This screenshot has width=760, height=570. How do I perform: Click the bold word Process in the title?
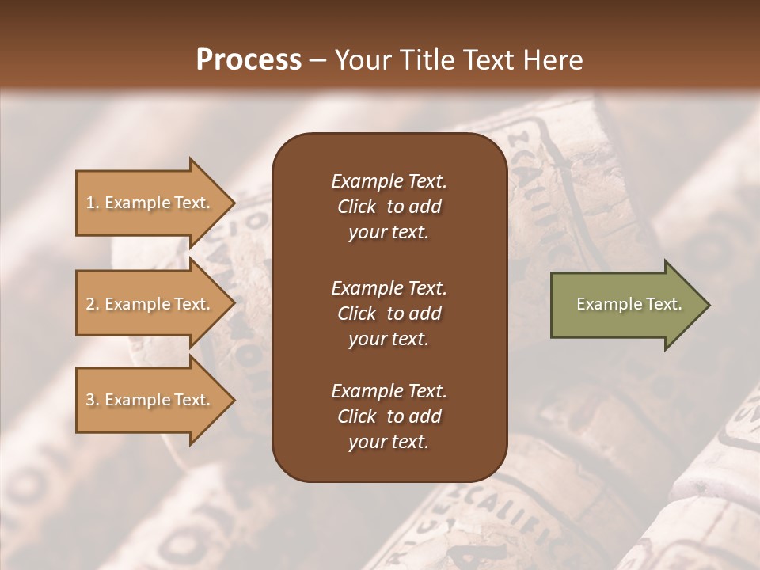pyautogui.click(x=249, y=60)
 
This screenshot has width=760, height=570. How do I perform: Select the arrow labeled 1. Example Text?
pyautogui.click(x=150, y=203)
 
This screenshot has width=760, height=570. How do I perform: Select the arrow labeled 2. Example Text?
pyautogui.click(x=150, y=304)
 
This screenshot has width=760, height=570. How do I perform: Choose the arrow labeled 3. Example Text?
pyautogui.click(x=150, y=400)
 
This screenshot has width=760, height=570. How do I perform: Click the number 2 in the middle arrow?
pyautogui.click(x=90, y=304)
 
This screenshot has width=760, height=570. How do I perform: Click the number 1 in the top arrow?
pyautogui.click(x=90, y=203)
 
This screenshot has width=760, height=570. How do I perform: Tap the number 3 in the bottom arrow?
pyautogui.click(x=90, y=400)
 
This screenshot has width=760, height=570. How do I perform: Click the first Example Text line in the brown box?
pyautogui.click(x=389, y=181)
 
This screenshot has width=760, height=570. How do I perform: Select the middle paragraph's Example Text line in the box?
pyautogui.click(x=389, y=287)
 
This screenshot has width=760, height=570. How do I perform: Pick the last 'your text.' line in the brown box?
pyautogui.click(x=389, y=443)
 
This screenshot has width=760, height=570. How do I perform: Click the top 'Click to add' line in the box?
pyautogui.click(x=389, y=207)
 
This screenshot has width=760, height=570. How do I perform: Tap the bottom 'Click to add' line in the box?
pyautogui.click(x=389, y=416)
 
